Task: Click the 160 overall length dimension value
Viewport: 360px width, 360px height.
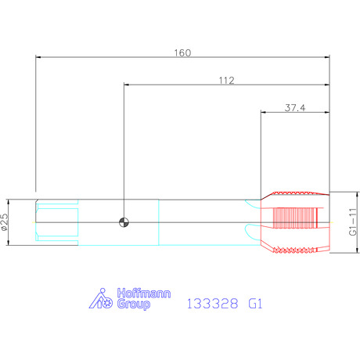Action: click(x=182, y=53)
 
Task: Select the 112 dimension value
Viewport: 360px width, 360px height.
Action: click(x=226, y=81)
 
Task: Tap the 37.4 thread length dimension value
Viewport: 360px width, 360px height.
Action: click(x=295, y=108)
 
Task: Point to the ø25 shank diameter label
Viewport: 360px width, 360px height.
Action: click(x=5, y=222)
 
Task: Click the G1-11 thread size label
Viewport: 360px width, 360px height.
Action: click(x=353, y=221)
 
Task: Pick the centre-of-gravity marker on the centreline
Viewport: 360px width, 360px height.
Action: click(x=124, y=222)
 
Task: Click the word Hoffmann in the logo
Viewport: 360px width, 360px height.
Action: click(x=144, y=293)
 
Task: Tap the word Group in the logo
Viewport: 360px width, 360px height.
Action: click(x=134, y=304)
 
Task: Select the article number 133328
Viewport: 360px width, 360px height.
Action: click(x=212, y=304)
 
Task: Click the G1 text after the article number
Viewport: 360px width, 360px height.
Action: click(x=255, y=304)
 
